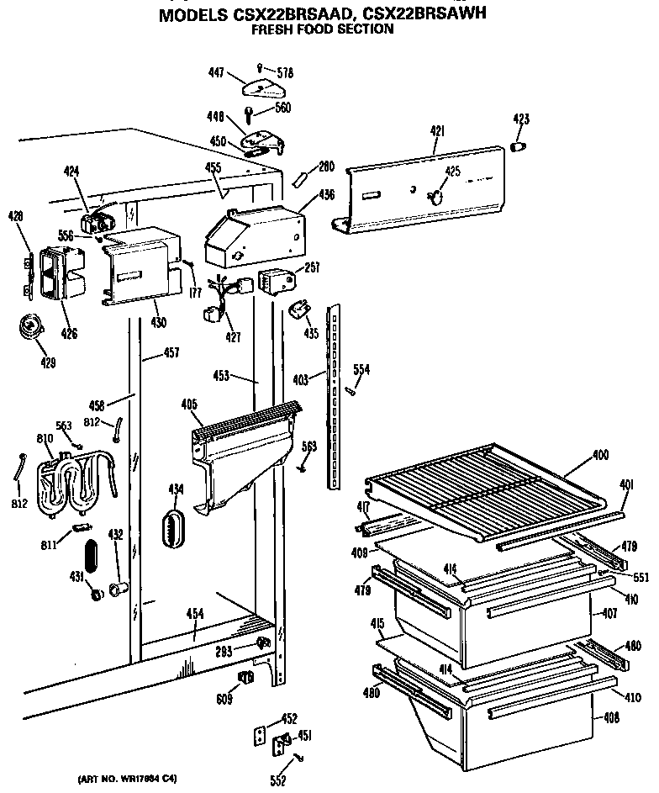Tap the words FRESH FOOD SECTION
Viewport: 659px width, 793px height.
[x=324, y=29]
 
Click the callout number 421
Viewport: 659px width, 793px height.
[x=437, y=131]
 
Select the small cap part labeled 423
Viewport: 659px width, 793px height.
[x=519, y=148]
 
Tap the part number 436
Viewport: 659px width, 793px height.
[x=326, y=195]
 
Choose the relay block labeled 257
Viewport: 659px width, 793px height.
[x=276, y=282]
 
